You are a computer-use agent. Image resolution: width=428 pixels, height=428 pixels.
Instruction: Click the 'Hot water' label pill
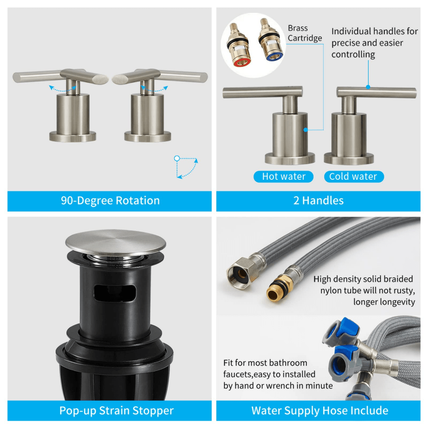[283, 177]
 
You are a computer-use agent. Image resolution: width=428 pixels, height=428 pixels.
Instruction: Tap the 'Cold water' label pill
[354, 177]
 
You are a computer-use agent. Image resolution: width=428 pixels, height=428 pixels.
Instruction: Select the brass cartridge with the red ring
[238, 45]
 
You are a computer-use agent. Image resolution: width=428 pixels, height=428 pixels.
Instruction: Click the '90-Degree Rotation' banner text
[110, 201]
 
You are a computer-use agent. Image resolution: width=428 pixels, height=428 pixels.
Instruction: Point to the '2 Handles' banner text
[318, 201]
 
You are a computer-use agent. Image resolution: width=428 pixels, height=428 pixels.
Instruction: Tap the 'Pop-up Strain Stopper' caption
[116, 410]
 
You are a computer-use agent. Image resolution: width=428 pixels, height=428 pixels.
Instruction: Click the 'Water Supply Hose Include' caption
[320, 410]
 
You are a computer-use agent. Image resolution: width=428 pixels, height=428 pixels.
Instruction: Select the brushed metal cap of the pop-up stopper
[116, 243]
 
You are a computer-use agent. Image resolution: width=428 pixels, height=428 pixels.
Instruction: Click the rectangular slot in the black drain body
[115, 294]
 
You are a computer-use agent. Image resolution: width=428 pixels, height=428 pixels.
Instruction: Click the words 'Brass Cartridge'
[305, 33]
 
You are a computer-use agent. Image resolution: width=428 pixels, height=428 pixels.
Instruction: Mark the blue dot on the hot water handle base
[306, 130]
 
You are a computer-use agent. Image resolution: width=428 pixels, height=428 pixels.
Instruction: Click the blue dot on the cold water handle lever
[368, 87]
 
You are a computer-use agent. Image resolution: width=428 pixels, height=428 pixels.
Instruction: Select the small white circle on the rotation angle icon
[177, 158]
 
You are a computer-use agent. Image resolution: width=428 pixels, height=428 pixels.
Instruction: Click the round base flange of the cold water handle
[349, 159]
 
